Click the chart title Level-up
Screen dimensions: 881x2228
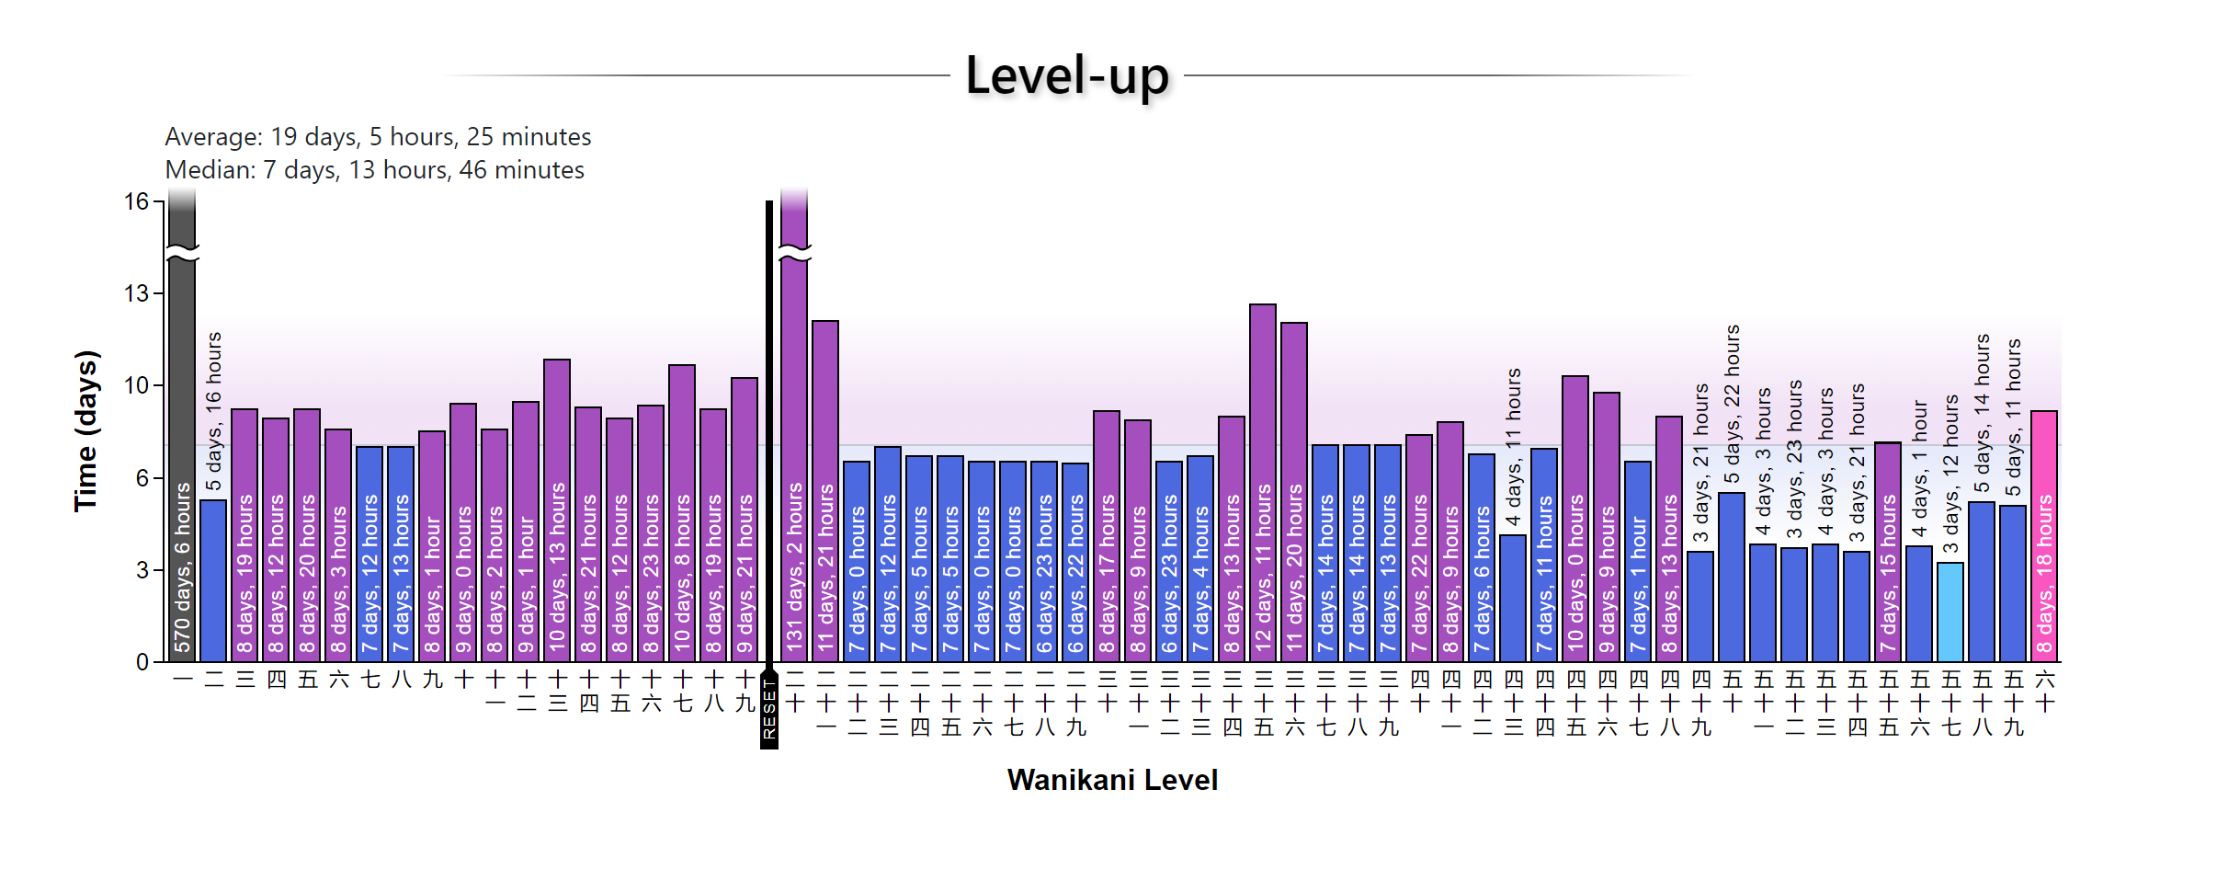1066,75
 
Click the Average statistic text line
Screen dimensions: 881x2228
378,137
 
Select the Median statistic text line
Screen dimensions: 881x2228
374,170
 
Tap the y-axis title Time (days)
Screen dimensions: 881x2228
85,430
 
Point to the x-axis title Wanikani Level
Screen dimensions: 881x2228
1112,780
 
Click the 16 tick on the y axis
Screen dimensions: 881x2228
136,201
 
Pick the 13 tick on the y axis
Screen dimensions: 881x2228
136,293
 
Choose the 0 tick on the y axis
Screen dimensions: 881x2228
142,661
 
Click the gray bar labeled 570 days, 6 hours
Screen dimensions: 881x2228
182,460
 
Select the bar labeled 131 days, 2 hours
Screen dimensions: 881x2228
794,460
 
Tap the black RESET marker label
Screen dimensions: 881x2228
769,709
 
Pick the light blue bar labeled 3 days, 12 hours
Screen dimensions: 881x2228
1950,612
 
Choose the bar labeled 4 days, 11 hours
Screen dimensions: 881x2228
1513,598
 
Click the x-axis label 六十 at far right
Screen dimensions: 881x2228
2045,692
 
